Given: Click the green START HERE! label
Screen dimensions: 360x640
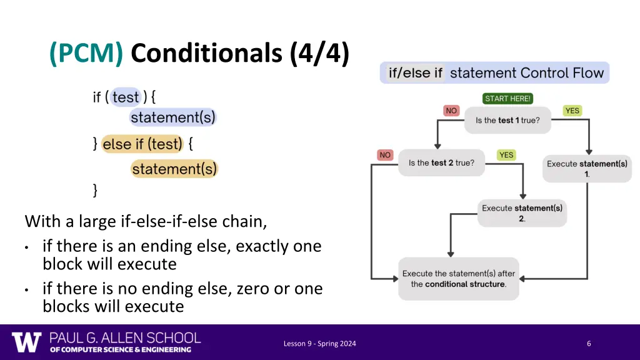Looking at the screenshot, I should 507,99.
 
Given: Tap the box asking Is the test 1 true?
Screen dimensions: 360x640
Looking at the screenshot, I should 507,120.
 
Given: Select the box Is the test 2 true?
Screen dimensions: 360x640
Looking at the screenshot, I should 441,163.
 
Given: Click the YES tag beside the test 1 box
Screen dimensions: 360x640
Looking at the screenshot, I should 572,111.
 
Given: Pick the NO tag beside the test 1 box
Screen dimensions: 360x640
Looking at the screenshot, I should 451,111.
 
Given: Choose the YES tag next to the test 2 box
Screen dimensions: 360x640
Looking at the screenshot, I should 506,155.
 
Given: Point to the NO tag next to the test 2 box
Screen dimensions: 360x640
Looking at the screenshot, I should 385,155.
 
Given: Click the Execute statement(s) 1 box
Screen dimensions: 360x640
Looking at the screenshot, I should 587,169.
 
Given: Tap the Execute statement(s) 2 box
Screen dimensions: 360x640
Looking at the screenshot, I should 522,213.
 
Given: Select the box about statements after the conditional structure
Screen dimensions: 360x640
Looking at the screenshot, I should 459,279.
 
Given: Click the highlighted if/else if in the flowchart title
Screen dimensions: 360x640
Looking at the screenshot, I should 415,73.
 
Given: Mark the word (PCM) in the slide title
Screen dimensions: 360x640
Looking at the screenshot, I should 86,54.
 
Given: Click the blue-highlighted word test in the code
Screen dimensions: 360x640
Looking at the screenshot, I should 126,97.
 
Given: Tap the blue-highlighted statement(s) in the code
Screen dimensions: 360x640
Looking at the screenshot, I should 172,117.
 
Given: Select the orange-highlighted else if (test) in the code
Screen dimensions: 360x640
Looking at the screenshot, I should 142,144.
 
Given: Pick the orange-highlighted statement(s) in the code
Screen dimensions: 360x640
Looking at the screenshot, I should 174,169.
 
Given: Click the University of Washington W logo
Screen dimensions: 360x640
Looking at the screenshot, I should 26,342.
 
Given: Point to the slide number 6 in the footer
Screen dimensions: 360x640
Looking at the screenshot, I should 589,343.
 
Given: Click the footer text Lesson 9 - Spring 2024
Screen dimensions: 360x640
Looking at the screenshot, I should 319,343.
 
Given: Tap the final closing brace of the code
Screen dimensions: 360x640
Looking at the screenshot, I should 95,190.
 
